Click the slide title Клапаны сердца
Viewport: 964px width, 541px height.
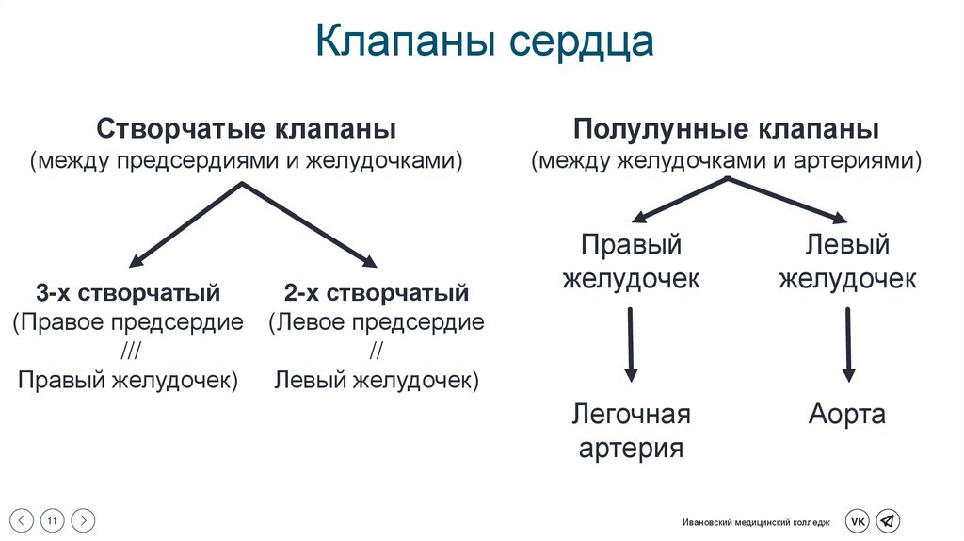tap(483, 42)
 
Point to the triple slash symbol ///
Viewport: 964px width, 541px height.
tap(127, 352)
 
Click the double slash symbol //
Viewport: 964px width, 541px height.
tap(377, 352)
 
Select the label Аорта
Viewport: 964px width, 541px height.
tap(847, 415)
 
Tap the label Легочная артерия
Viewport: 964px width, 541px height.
tap(631, 430)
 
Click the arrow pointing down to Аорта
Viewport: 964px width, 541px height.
tap(848, 344)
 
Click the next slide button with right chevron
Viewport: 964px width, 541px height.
tap(84, 519)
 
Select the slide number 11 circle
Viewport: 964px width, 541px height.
tap(53, 519)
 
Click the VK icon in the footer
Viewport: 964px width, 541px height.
tap(858, 520)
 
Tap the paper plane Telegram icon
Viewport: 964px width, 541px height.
tap(888, 520)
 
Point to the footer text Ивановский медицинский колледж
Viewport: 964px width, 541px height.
tap(757, 521)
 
